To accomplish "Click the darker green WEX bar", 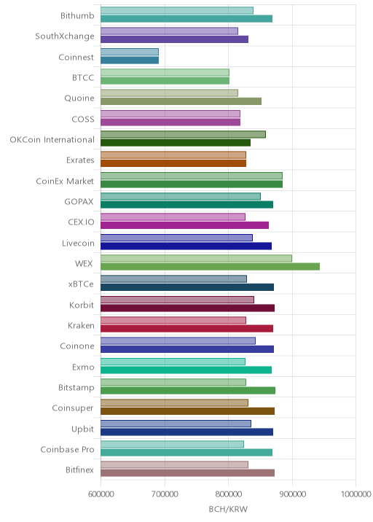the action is (210, 267).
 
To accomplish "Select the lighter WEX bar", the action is (196, 258).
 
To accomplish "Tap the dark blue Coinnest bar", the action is (130, 61).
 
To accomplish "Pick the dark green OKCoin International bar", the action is (176, 143).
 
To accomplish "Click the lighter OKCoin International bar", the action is (183, 134).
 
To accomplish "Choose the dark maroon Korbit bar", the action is (188, 308).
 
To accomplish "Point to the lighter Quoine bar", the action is (169, 93).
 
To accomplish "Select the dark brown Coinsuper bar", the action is (188, 411).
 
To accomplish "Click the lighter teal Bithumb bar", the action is (177, 10).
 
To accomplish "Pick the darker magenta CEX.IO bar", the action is (184, 225).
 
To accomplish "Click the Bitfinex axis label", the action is (80, 470).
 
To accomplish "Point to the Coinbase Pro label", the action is (67, 449).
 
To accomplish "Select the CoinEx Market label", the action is (65, 181).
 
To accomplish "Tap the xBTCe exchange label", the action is (81, 284).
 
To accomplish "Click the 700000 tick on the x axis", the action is (165, 494).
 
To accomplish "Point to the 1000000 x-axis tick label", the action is (356, 494).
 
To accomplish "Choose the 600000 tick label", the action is (101, 494).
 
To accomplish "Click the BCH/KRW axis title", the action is (228, 509).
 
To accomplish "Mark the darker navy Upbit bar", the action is (187, 432).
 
